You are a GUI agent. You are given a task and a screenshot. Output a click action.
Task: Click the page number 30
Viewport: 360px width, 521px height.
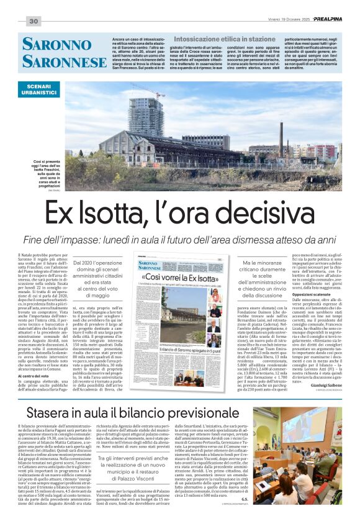coord(34,22)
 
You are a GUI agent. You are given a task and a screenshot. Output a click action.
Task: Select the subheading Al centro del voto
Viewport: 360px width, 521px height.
coord(35,359)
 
